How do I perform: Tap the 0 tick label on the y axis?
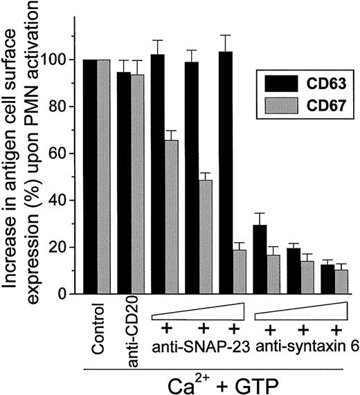tap(71, 295)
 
